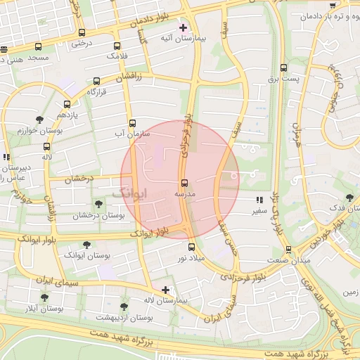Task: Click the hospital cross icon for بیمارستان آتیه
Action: (184, 28)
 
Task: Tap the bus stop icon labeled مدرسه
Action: (185, 183)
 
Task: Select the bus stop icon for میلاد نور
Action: (191, 247)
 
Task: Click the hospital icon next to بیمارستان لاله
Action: (165, 290)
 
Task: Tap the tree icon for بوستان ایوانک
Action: (86, 245)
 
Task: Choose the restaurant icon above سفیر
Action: (259, 200)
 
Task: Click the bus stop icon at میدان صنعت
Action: (288, 250)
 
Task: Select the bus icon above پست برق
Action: (283, 68)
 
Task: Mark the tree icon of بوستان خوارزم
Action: (39, 120)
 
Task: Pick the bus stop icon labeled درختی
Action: (82, 33)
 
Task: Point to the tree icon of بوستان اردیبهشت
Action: (124, 307)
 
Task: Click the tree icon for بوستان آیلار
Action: (44, 297)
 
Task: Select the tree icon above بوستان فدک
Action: (349, 198)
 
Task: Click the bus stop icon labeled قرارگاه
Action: (96, 82)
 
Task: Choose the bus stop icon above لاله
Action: (46, 147)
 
